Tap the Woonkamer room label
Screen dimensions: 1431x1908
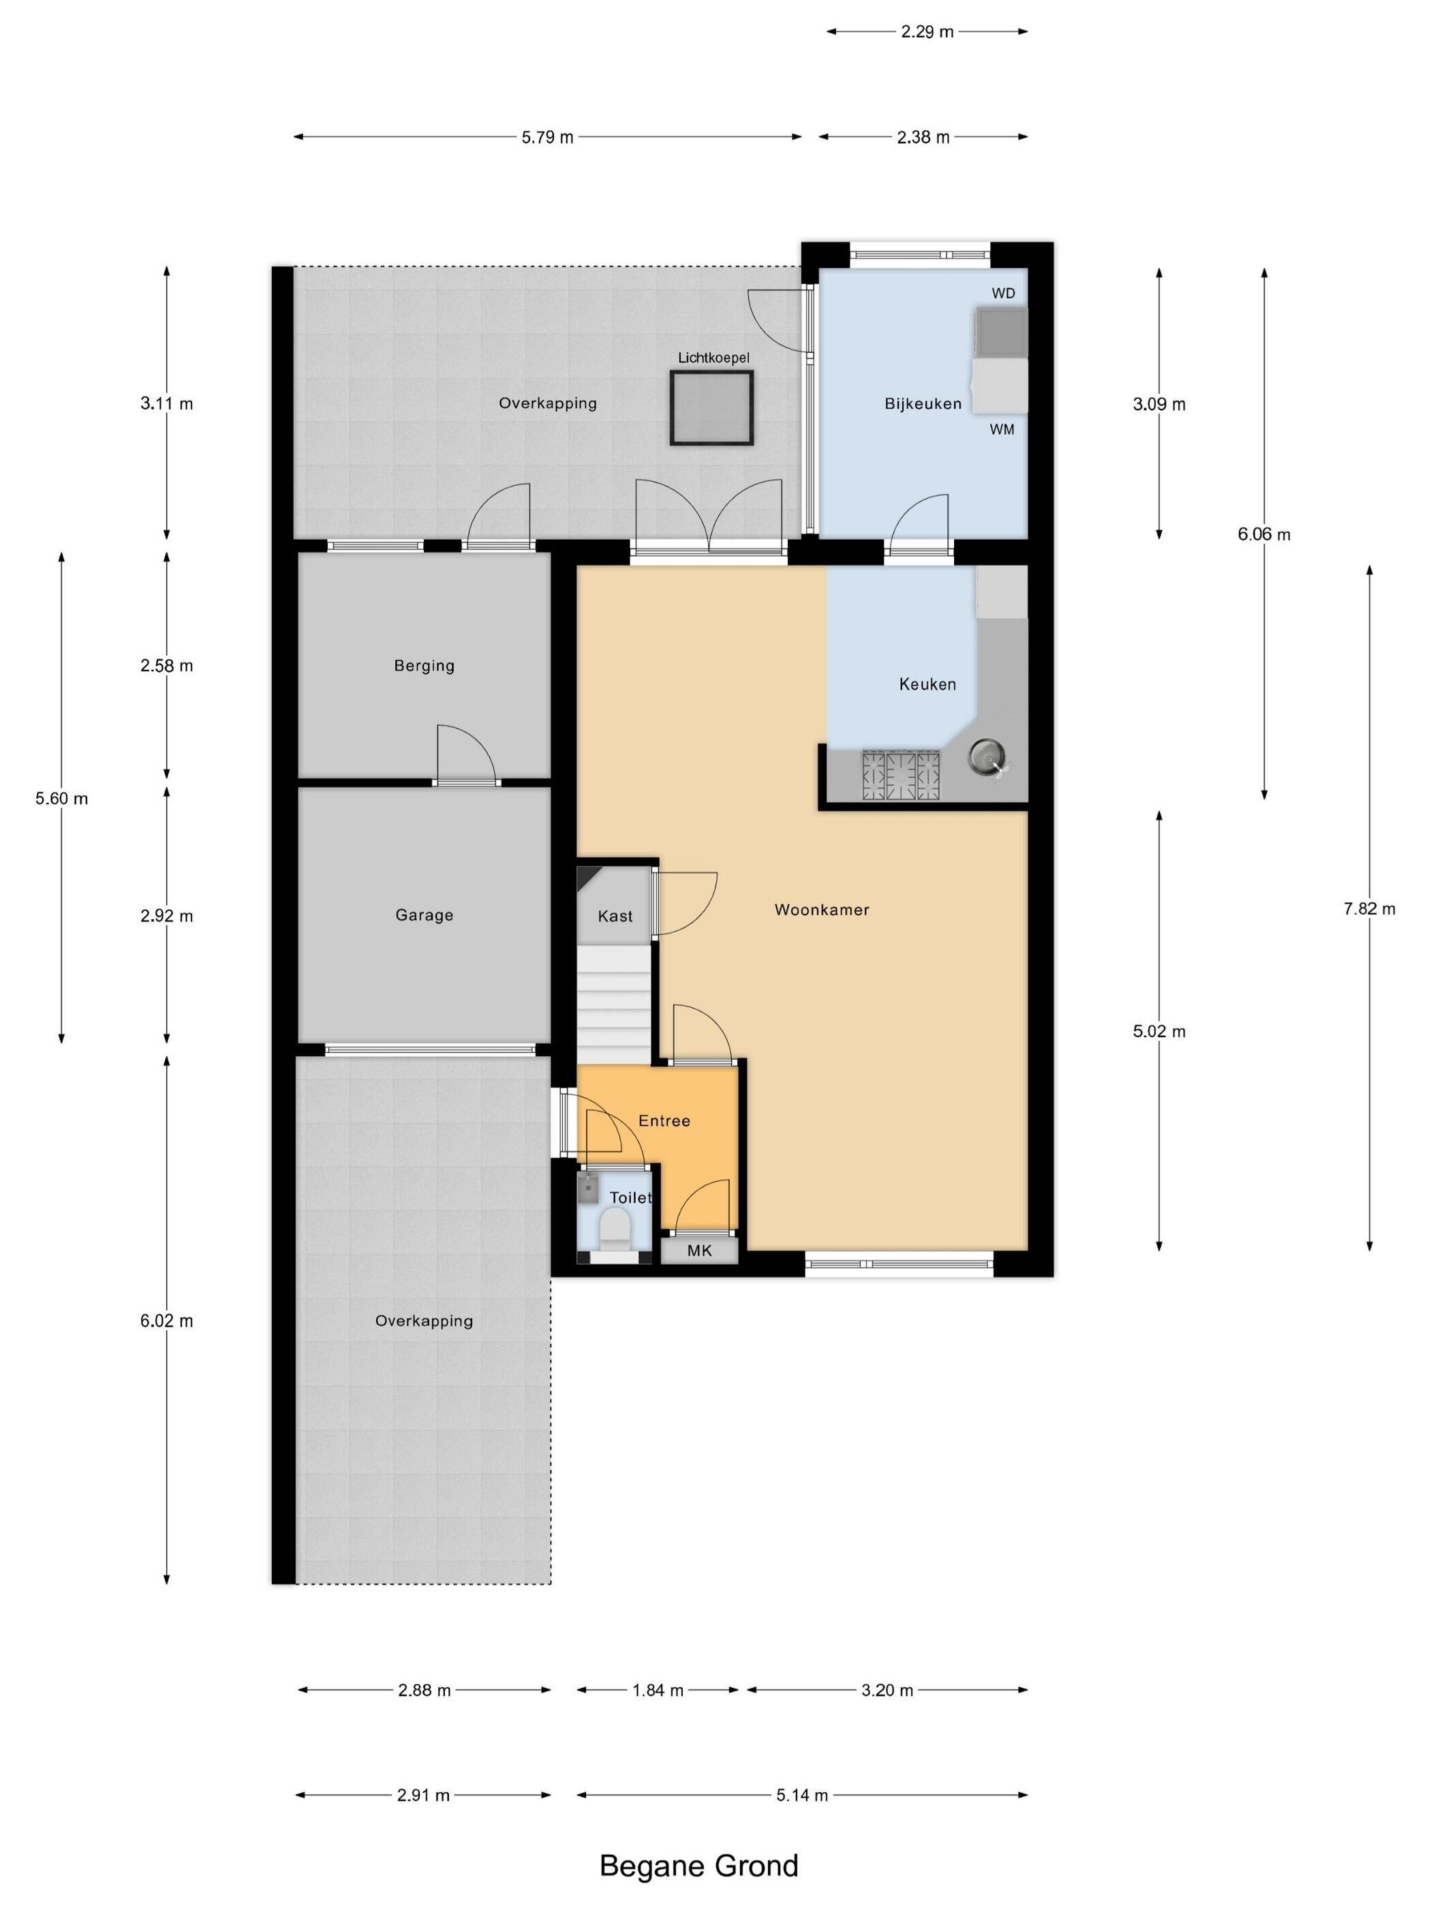[x=821, y=909]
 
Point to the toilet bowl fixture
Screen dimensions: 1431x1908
[x=614, y=1229]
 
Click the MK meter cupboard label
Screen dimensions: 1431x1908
[x=700, y=1250]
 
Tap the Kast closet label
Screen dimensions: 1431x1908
[x=615, y=916]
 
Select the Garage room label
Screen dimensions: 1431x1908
[x=424, y=915]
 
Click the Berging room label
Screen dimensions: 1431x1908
[x=424, y=666]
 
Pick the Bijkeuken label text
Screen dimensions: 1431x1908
[x=923, y=403]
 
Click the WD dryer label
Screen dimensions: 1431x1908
[x=1003, y=293]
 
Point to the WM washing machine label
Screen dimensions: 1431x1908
[x=1002, y=429]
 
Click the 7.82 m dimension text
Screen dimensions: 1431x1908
[x=1369, y=908]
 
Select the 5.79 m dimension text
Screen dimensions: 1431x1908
[x=547, y=137]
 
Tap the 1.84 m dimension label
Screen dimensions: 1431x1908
[x=658, y=1690]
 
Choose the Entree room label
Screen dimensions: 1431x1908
[x=664, y=1120]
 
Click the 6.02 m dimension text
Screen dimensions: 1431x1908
[x=166, y=1321]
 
